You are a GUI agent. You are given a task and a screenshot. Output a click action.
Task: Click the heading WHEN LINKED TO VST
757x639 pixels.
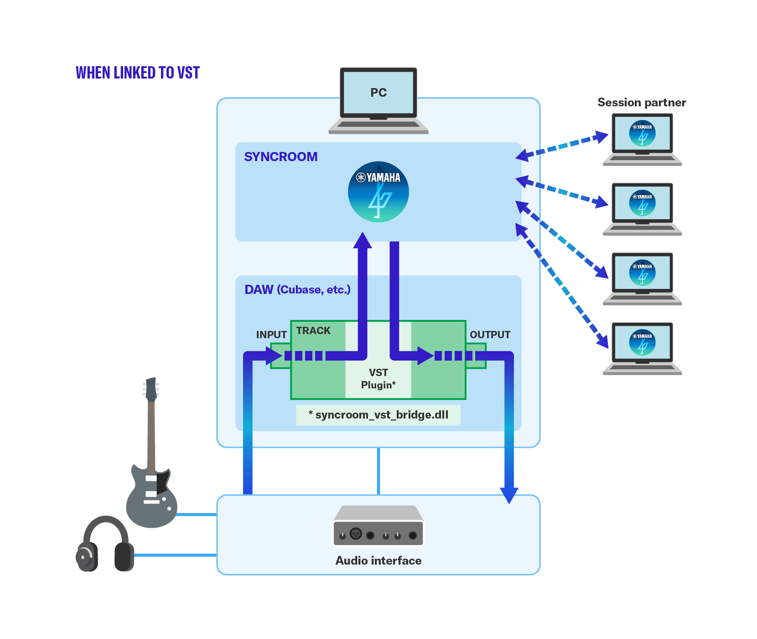[138, 73]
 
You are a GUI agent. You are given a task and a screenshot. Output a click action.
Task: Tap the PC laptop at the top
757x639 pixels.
[378, 100]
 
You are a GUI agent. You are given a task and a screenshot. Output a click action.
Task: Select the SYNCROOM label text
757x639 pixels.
[281, 157]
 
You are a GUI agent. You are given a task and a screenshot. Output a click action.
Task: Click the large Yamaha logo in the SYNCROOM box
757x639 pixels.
[378, 192]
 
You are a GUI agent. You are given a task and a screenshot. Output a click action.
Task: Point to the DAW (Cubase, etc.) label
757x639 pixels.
[297, 289]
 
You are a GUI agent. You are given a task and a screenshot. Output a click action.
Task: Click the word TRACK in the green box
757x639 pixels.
[313, 330]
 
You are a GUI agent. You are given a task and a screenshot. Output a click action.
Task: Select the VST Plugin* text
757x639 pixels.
[378, 379]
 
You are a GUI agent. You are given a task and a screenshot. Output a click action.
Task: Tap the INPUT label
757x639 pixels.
[271, 335]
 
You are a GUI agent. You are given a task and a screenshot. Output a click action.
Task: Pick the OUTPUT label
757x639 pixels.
[490, 335]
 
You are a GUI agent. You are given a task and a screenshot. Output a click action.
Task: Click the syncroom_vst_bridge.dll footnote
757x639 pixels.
[378, 415]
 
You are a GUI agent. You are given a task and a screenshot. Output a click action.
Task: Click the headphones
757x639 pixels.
[105, 545]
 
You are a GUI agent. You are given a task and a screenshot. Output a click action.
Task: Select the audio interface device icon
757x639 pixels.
[378, 526]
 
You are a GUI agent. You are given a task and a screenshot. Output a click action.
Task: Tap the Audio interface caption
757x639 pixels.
[378, 560]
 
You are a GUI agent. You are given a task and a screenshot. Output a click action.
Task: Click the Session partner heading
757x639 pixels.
[642, 102]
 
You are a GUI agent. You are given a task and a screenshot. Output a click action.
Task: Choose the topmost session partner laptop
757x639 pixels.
[642, 139]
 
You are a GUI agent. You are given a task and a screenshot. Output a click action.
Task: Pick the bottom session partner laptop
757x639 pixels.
[642, 348]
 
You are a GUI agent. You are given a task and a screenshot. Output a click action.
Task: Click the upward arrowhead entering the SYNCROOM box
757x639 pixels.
[363, 241]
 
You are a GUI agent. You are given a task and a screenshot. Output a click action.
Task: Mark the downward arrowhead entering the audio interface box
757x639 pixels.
[509, 495]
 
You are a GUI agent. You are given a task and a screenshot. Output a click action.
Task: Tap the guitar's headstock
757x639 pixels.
[151, 389]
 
